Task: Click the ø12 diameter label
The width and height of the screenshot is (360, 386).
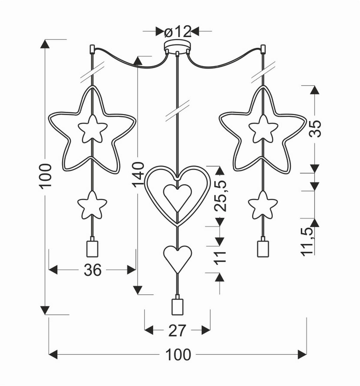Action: tap(178, 31)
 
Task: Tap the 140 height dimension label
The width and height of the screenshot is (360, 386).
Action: tap(138, 175)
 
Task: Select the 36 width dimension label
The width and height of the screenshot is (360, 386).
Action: tap(93, 270)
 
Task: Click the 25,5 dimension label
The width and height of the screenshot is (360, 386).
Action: tap(220, 196)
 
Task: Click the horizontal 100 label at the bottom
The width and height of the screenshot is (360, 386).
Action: tap(178, 355)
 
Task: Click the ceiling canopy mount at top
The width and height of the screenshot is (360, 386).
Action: tap(177, 46)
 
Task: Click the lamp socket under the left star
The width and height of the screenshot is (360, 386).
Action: tap(92, 248)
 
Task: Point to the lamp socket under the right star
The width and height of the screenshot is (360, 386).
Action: tap(263, 248)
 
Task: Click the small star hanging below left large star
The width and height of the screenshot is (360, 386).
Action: tap(92, 205)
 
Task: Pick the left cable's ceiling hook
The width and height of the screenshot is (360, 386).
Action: tap(92, 49)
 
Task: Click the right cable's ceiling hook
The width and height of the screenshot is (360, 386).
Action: tap(263, 49)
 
